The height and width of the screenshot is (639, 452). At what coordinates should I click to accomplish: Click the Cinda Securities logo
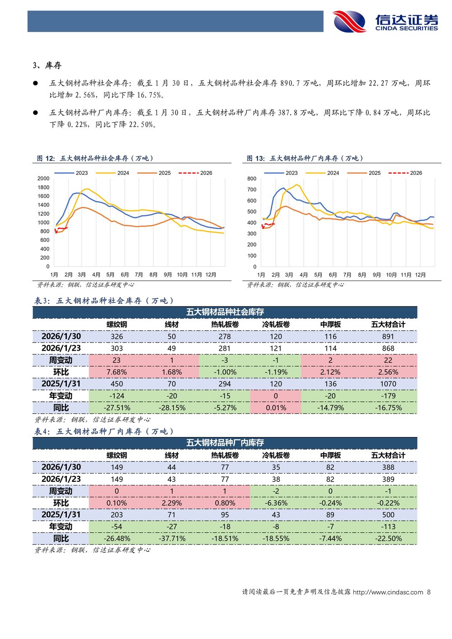(x=385, y=22)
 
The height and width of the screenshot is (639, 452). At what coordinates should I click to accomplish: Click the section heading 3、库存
(x=47, y=66)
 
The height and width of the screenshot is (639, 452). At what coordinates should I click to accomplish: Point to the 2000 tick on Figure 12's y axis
(x=43, y=179)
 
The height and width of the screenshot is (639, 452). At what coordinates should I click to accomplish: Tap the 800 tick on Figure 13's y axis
(x=252, y=179)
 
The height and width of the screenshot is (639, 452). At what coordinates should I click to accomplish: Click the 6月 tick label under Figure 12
(x=125, y=275)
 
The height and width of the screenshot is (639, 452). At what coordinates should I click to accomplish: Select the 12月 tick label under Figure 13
(x=420, y=275)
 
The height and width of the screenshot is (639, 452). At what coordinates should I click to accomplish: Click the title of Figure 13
(x=305, y=158)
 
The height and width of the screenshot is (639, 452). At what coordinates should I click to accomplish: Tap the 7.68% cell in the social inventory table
(x=117, y=372)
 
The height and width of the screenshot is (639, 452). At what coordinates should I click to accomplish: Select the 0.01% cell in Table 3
(x=276, y=408)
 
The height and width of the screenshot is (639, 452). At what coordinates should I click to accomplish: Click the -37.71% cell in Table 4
(x=172, y=538)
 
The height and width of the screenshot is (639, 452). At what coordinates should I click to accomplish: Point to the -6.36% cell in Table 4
(x=276, y=503)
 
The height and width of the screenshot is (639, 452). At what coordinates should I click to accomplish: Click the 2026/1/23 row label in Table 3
(x=61, y=348)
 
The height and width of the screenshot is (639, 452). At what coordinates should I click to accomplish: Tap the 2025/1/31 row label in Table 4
(x=61, y=515)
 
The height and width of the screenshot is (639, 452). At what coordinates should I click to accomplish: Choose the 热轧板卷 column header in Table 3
(x=225, y=324)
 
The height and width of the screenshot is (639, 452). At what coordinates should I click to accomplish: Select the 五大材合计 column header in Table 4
(x=388, y=455)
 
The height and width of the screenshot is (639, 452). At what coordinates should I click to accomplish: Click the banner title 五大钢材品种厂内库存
(x=225, y=443)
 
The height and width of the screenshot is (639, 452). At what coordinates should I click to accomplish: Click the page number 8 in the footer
(x=428, y=592)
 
